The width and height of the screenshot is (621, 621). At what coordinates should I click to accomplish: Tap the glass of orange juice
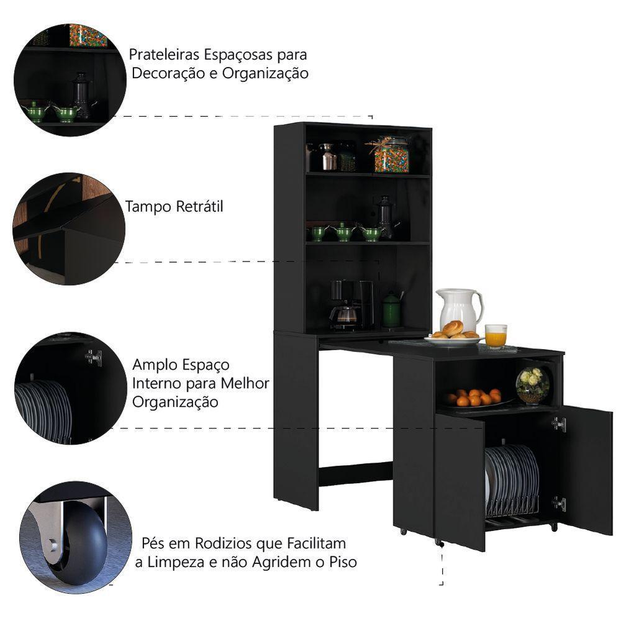[x=495, y=336]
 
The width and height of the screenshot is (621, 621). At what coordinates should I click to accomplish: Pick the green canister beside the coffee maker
[x=391, y=310]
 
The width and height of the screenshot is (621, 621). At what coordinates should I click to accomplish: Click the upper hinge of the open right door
[x=560, y=424]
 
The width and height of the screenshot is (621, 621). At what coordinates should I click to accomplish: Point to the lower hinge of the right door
[x=560, y=504]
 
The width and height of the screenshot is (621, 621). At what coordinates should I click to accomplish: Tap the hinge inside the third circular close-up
[x=94, y=357]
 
